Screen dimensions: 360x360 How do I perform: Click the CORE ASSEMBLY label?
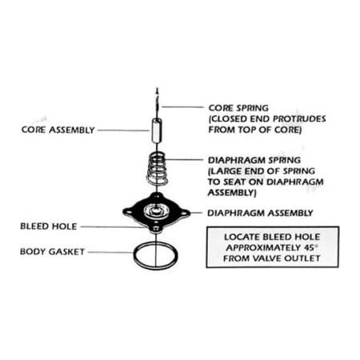58,130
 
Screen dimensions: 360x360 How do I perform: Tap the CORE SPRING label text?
238,108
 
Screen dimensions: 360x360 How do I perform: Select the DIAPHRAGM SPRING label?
254,160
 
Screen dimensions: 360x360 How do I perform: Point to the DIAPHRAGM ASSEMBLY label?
260,213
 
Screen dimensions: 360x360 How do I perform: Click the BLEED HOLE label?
49,226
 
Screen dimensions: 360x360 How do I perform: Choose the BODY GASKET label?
52,252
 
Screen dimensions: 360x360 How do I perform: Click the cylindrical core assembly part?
157,131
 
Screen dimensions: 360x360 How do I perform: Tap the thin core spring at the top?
158,102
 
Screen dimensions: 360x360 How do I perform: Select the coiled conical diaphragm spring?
158,169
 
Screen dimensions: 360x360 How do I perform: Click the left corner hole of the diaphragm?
129,213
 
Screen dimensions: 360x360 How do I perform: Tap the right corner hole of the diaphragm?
184,213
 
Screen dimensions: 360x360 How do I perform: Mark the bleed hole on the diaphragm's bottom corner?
156,228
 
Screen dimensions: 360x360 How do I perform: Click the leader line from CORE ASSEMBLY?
123,130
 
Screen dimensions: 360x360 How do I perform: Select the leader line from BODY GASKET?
110,252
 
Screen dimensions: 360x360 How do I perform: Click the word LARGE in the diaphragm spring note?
226,171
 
